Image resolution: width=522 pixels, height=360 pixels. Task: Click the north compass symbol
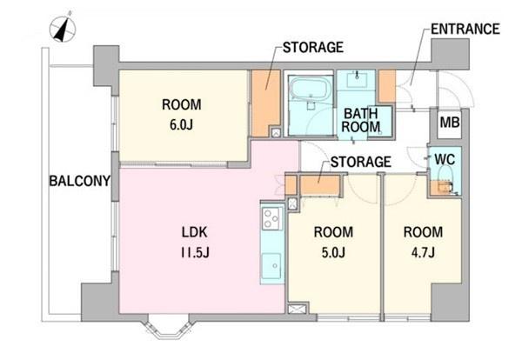[63, 29]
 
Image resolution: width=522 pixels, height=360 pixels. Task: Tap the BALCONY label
[80, 181]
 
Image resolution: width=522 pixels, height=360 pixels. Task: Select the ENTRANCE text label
[465, 29]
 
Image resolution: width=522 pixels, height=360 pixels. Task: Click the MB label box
[450, 123]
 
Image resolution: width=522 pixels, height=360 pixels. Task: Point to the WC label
[445, 160]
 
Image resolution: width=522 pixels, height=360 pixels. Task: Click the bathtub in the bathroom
[311, 88]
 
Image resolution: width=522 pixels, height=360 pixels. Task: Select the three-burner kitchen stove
[272, 218]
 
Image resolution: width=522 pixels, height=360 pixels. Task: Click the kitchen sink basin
[272, 265]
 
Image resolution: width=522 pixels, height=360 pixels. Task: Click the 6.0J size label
[182, 125]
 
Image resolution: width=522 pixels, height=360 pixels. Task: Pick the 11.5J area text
[195, 253]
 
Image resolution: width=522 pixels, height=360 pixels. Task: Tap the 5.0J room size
[333, 253]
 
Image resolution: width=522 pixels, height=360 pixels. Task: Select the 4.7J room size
[423, 253]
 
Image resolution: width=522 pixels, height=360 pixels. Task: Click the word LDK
[195, 232]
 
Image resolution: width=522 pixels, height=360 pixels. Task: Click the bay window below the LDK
[168, 327]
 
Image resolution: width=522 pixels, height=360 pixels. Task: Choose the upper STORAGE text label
[313, 47]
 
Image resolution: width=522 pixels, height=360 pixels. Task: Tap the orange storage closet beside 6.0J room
[265, 103]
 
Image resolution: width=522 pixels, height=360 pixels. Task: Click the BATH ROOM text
[361, 120]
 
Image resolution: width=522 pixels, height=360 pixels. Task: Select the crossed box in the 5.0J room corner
[298, 309]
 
